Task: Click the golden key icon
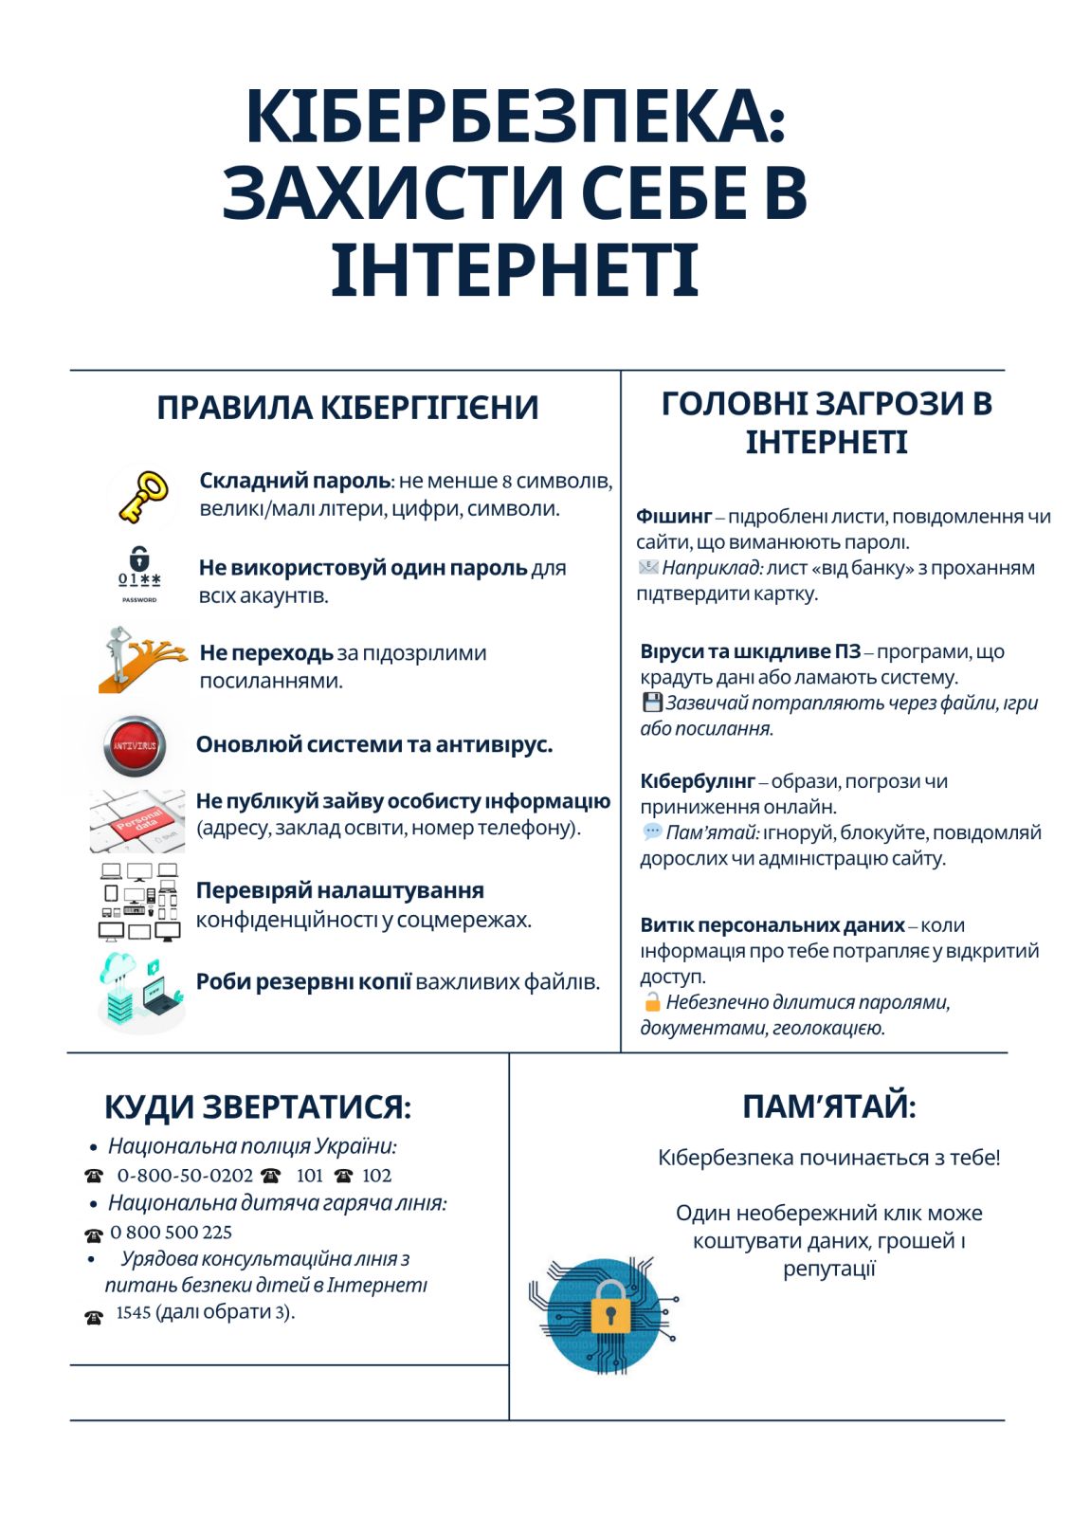[143, 496]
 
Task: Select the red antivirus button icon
[135, 746]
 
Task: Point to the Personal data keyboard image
[138, 820]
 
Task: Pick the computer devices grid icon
[139, 902]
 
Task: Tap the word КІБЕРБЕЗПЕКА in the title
[516, 117]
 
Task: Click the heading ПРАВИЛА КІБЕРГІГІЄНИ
[347, 408]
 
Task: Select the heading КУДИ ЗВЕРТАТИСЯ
[258, 1106]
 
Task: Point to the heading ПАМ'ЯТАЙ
[828, 1106]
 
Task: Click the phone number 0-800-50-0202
[185, 1176]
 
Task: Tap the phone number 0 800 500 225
[171, 1233]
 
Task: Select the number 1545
[134, 1312]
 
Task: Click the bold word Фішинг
[673, 517]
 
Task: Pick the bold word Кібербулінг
[697, 781]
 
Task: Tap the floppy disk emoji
[652, 703]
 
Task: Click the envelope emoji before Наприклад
[648, 568]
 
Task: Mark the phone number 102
[376, 1176]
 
